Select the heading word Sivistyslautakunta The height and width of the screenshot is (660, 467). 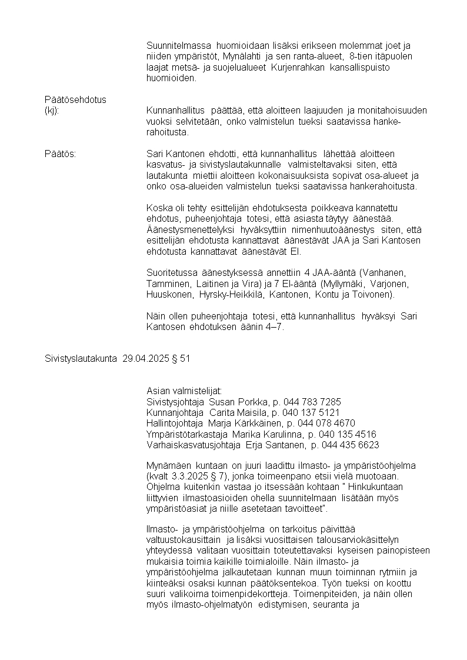click(82, 358)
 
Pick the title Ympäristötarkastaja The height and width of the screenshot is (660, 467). click(184, 434)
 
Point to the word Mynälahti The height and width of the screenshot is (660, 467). click(240, 56)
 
